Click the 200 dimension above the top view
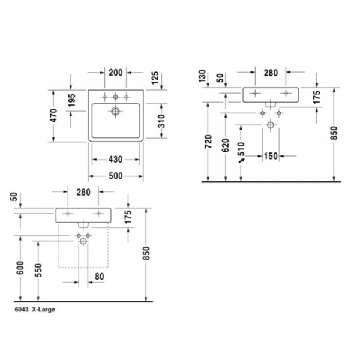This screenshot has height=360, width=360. point(116,73)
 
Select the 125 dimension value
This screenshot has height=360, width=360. point(155,77)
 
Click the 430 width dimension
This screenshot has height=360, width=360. point(116,160)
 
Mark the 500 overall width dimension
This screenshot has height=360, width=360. point(116,176)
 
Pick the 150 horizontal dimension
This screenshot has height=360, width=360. point(271,156)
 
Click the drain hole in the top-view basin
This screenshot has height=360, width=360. point(116,110)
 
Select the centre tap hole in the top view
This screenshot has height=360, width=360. point(116,97)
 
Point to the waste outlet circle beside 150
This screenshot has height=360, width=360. point(271,125)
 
